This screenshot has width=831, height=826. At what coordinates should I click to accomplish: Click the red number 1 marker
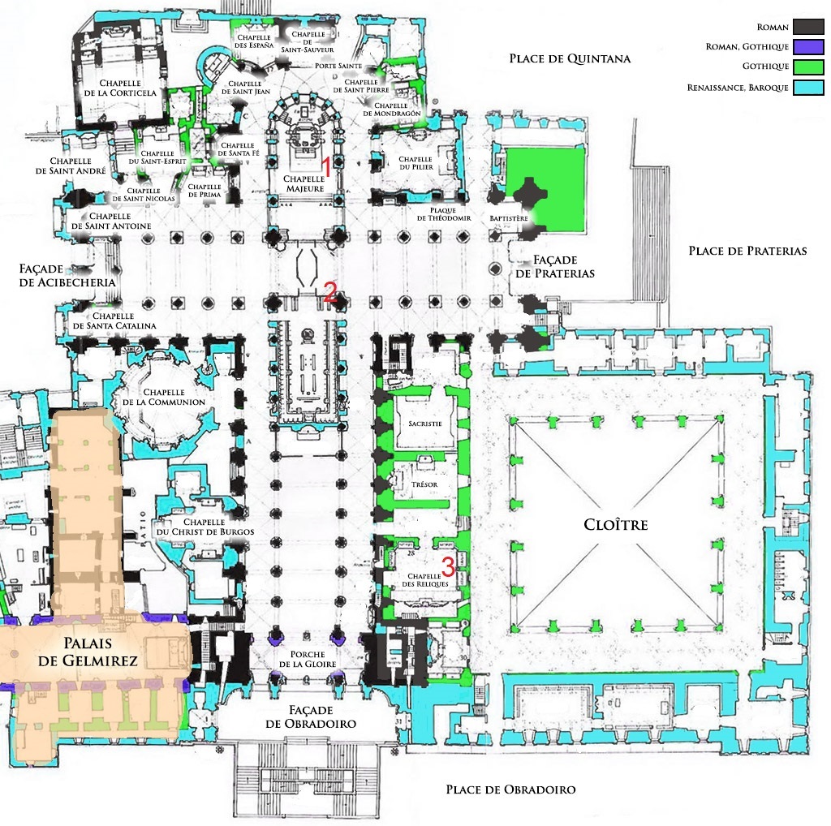pos(326,166)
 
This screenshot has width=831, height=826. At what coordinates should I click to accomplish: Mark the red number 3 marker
pos(447,566)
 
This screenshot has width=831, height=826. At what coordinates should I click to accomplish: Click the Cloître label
pos(616,525)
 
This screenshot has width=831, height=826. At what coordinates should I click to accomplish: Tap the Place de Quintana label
pos(570,58)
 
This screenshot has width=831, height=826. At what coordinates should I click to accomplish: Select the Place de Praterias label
pos(747,251)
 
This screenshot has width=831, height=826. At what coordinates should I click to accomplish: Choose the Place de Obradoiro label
pos(510,789)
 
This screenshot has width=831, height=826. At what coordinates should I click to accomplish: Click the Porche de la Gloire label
pos(306,660)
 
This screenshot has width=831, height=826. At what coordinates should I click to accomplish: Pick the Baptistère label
pos(510,219)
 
